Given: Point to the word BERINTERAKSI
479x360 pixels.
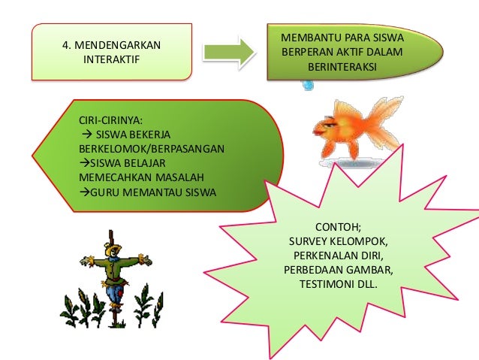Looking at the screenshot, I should (x=342, y=66).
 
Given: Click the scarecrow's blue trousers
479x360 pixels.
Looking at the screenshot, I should (x=114, y=289).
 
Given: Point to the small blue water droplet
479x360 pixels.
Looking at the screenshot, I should (x=307, y=85).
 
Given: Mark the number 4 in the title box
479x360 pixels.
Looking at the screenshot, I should (x=65, y=45).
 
